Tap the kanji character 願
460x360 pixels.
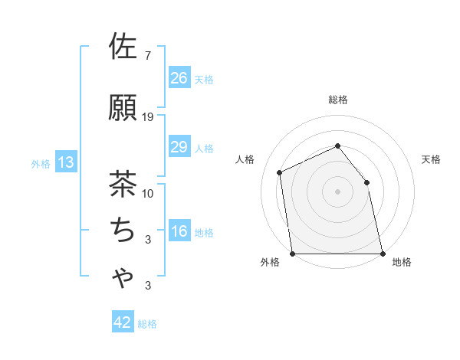[x=123, y=108]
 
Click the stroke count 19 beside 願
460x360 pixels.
[x=148, y=117]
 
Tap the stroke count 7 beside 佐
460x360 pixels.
[x=147, y=56]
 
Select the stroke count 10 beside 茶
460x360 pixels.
[x=148, y=194]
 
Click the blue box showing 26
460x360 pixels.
[x=179, y=77]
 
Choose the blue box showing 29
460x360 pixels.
[x=179, y=147]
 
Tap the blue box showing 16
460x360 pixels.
[x=179, y=232]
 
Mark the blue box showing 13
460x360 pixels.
[x=65, y=162]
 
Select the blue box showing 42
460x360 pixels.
[x=123, y=322]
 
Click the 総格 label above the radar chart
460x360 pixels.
[x=338, y=100]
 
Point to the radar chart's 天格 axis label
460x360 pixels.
[x=432, y=159]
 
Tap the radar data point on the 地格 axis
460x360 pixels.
[x=382, y=254]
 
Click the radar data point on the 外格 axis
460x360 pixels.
[x=293, y=254]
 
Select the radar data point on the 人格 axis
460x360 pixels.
[x=280, y=172]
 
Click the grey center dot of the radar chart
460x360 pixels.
[x=337, y=191]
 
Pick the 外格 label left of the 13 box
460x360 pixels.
[x=40, y=163]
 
